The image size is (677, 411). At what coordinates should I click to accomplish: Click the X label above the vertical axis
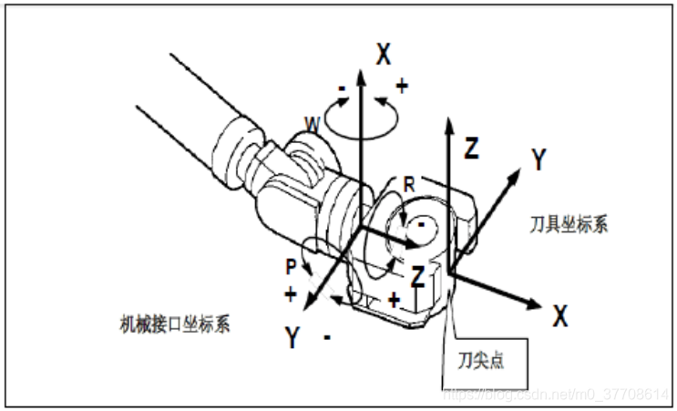[384, 55]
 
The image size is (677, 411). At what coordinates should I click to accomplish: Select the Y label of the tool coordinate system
[540, 160]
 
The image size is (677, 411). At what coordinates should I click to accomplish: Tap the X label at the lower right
[559, 316]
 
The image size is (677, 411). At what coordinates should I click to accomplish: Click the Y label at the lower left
[292, 338]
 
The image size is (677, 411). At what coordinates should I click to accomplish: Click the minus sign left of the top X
[341, 90]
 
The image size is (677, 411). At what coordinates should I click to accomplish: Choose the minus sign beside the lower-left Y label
[327, 337]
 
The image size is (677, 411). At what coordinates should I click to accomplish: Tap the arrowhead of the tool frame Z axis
[449, 123]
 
